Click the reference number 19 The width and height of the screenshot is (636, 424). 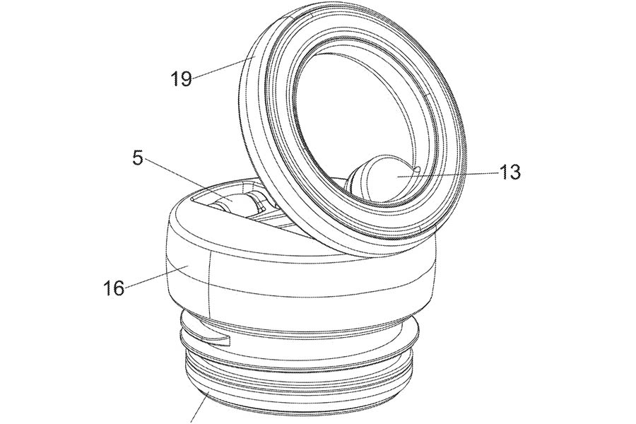(x=181, y=78)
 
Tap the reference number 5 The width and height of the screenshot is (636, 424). (x=138, y=158)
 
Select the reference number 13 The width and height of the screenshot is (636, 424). (x=510, y=172)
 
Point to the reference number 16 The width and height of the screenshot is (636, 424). (x=114, y=288)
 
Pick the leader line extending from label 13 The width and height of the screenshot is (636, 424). (x=447, y=175)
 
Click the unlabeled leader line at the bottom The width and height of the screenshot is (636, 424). (x=200, y=408)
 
